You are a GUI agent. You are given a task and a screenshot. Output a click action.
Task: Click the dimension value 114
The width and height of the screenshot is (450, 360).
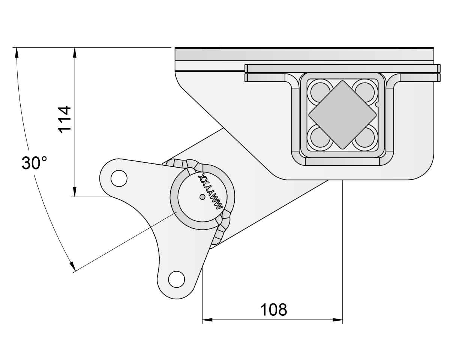64,119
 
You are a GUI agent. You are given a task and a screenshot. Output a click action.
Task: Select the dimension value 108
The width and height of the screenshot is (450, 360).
273,310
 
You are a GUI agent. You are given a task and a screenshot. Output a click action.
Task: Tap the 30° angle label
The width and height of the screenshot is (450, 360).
34,163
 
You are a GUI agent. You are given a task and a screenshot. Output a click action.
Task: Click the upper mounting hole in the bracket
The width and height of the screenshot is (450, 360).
119,178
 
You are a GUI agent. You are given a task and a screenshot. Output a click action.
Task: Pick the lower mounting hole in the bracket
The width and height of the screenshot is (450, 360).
177,279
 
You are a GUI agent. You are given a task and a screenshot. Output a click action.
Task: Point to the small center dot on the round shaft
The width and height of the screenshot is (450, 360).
202,197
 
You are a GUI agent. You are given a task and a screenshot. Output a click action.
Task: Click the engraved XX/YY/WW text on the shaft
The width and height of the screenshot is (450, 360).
212,191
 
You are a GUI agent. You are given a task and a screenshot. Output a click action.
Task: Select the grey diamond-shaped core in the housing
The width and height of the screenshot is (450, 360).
342,114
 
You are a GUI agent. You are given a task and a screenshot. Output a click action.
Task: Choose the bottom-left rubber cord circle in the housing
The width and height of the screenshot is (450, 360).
318,138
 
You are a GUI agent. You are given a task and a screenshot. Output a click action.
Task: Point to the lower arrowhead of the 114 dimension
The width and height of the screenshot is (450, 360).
75,192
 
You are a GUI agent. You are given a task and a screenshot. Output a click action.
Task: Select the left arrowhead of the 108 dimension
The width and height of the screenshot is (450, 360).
207,320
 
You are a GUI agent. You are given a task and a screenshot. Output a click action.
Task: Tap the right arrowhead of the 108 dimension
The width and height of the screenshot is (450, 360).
338,320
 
